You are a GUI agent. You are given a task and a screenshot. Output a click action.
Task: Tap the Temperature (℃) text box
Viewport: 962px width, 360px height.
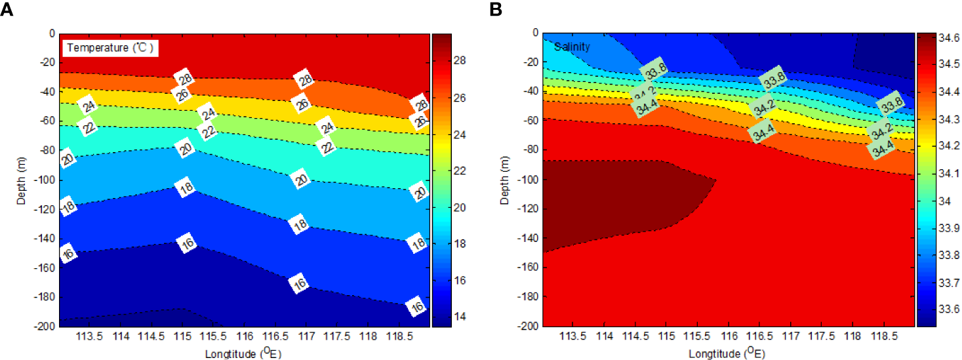point(110,48)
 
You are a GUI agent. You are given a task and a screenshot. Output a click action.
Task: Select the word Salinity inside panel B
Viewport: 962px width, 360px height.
point(572,47)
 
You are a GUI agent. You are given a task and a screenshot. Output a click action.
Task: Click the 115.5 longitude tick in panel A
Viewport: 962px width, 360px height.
point(212,336)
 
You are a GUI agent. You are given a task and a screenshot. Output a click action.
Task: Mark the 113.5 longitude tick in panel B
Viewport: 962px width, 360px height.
point(573,336)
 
